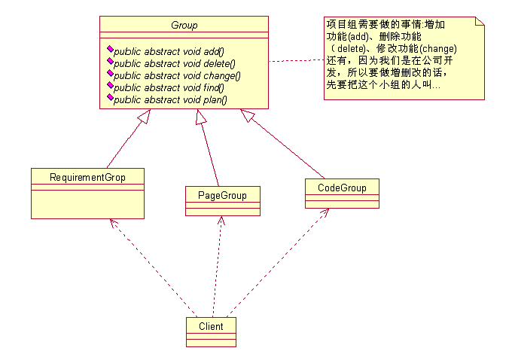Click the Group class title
click(184, 26)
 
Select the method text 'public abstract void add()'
click(169, 51)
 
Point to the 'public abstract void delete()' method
click(175, 63)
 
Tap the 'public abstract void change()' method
click(177, 75)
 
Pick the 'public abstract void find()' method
click(169, 87)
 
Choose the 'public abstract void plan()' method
click(170, 100)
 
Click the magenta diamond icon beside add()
click(110, 49)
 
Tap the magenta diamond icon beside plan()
click(110, 98)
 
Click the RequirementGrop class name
click(87, 178)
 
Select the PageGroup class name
click(222, 195)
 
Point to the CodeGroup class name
click(342, 188)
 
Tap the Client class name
click(211, 326)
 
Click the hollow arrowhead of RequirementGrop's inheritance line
click(145, 116)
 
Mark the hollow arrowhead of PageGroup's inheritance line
click(201, 117)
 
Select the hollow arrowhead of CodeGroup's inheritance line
click(247, 115)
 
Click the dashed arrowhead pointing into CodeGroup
click(325, 212)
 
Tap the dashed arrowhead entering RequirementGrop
click(113, 223)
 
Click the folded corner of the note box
click(480, 21)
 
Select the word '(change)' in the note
click(438, 49)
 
